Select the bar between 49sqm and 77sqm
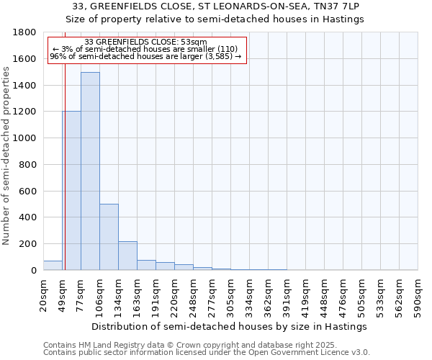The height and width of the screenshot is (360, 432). click(x=71, y=191)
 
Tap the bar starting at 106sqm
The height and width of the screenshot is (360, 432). click(x=109, y=237)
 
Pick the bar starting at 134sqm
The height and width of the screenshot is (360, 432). click(x=127, y=256)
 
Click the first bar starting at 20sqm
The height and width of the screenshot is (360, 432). click(x=53, y=266)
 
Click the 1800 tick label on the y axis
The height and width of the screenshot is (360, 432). click(x=25, y=32)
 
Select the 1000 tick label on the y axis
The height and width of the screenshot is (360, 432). click(x=25, y=138)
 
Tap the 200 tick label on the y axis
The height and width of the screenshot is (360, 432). click(x=28, y=244)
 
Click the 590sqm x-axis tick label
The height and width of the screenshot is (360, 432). click(x=418, y=294)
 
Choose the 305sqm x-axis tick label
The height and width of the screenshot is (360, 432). click(x=230, y=294)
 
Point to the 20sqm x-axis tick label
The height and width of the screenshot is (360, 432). click(x=43, y=294)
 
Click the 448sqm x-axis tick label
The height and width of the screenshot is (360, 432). click(x=324, y=294)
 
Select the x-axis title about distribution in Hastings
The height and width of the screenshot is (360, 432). click(x=230, y=326)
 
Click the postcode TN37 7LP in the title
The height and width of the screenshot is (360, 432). click(x=338, y=6)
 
